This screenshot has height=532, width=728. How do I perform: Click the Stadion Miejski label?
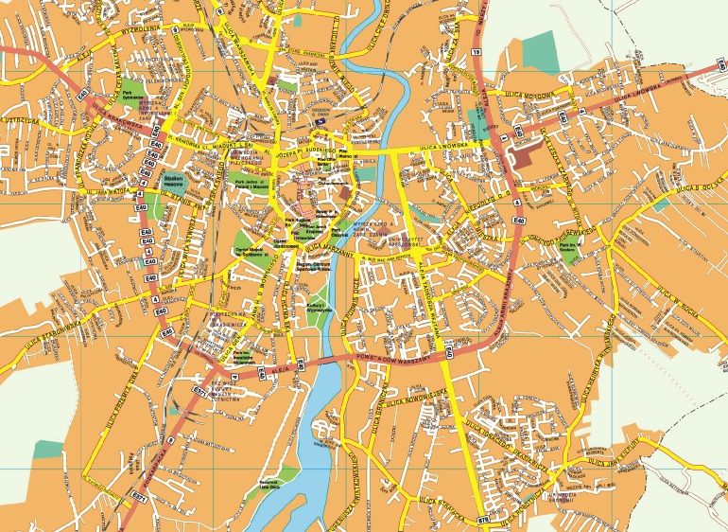tap(173, 179)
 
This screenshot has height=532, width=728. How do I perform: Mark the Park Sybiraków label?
tap(132, 95)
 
